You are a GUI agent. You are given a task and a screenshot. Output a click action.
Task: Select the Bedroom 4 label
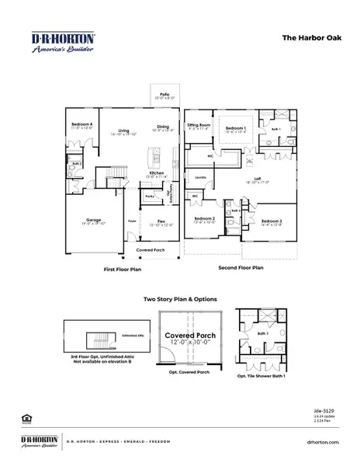coord(81,126)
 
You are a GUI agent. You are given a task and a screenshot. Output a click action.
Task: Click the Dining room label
coord(162,128)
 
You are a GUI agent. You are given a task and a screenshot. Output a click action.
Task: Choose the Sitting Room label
coord(199,126)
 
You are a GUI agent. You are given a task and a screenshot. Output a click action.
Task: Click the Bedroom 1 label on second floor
coord(236,128)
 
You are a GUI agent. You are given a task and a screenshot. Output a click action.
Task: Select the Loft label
coord(258,179)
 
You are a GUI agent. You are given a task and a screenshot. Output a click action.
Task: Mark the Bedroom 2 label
coord(205,220)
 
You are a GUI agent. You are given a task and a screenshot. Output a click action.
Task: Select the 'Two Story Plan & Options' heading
coord(181,299)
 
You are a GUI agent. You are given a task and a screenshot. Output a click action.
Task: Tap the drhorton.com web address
coord(324,441)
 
